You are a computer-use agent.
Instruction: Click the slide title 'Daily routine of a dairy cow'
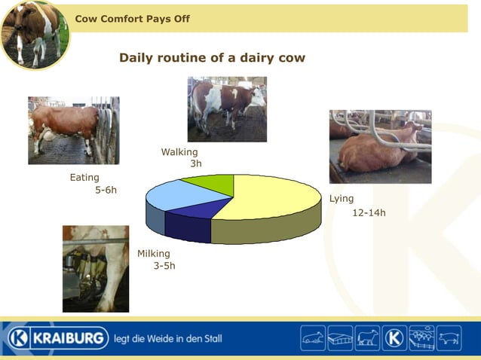212,58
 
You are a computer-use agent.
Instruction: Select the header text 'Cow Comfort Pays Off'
132,19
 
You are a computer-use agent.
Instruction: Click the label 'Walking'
179,152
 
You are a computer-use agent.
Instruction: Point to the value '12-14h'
369,213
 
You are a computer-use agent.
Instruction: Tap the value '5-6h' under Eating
106,191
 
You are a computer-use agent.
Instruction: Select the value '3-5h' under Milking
164,266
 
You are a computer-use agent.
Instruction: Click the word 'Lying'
342,199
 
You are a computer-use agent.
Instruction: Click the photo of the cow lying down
380,146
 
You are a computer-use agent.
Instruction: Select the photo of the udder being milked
95,268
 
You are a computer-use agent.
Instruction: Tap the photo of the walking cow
226,109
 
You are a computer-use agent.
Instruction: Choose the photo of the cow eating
73,130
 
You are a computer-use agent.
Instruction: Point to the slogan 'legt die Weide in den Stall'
167,339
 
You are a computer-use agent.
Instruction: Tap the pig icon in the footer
449,338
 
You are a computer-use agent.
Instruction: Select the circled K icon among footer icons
394,338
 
